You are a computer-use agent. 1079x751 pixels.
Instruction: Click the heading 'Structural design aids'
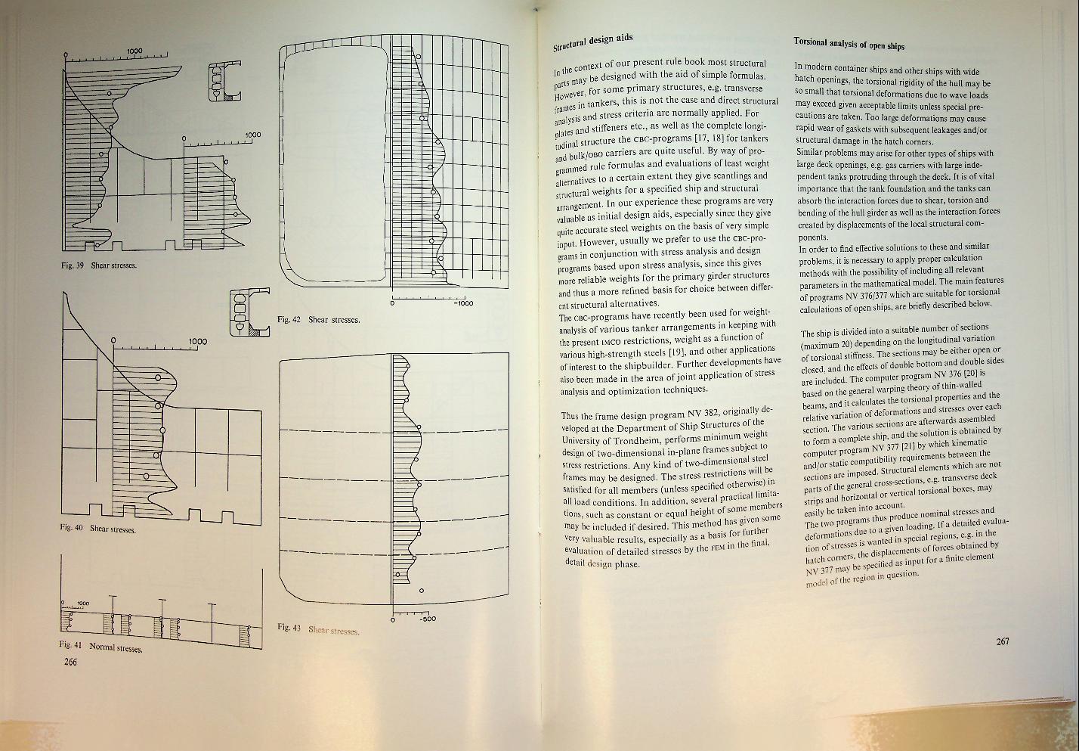[x=592, y=42]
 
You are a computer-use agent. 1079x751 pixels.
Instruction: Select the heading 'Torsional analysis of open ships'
[x=849, y=44]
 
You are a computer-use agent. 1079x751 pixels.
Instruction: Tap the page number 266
[x=70, y=662]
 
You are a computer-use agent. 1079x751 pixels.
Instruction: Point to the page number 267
[x=1003, y=641]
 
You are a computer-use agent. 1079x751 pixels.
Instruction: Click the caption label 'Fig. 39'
[x=73, y=265]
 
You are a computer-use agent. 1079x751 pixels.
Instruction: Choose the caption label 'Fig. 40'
[x=71, y=527]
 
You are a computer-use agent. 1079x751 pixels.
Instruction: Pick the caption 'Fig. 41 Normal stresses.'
[x=100, y=647]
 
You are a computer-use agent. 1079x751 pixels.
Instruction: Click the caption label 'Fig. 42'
[x=289, y=319]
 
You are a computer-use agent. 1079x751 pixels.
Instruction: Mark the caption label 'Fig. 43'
[x=289, y=627]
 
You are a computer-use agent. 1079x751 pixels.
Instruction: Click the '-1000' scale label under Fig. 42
[x=463, y=303]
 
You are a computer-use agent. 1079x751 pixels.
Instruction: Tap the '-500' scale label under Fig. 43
[x=427, y=619]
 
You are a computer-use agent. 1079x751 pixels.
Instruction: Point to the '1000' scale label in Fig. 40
[x=197, y=341]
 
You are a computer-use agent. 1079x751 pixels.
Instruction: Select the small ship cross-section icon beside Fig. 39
[x=225, y=81]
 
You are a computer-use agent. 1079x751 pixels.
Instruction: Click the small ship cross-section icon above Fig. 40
[x=249, y=312]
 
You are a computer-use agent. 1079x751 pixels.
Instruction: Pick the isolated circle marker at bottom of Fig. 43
[x=422, y=591]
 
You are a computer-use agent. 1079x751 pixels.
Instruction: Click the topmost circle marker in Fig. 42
[x=418, y=57]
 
